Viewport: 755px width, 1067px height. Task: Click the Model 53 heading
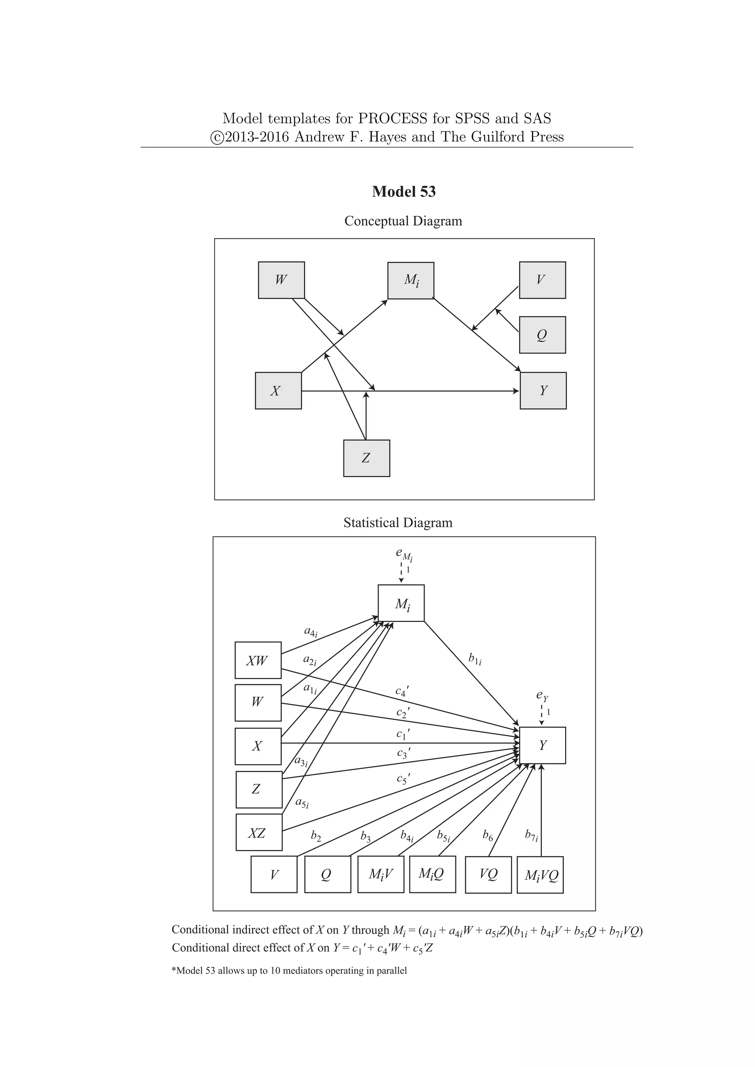(404, 192)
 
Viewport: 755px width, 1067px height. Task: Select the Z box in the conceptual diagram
(366, 458)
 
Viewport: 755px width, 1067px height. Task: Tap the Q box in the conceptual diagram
(542, 335)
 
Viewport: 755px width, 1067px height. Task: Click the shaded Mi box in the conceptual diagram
(411, 281)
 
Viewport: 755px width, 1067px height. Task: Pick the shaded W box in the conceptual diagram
(281, 280)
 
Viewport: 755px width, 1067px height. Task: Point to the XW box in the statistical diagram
(258, 660)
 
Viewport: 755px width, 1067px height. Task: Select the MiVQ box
(540, 875)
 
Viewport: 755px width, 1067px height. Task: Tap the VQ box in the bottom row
(488, 875)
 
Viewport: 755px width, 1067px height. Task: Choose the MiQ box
(432, 875)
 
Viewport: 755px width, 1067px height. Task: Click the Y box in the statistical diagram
(543, 745)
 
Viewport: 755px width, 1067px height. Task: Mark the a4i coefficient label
(310, 632)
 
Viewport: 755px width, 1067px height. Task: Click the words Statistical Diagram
(398, 523)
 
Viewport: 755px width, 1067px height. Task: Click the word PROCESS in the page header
(392, 119)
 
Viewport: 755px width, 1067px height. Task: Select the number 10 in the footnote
(275, 971)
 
